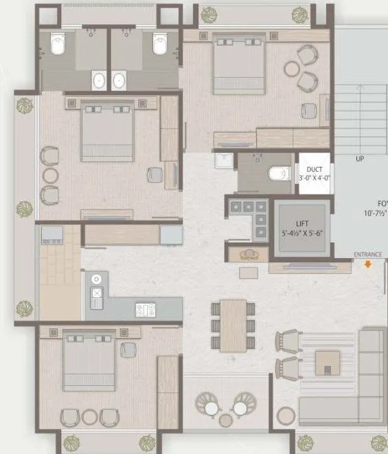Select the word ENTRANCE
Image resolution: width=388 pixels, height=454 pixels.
click(x=367, y=254)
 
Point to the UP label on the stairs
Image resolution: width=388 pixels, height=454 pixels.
click(x=359, y=159)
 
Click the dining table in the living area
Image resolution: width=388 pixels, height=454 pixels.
click(x=233, y=325)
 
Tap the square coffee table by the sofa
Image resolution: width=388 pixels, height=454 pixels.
click(x=328, y=361)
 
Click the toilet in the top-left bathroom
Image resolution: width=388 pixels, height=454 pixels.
click(x=58, y=46)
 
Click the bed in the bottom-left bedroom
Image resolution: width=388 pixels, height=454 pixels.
click(x=89, y=361)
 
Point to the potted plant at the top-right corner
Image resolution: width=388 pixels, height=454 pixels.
click(x=300, y=14)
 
